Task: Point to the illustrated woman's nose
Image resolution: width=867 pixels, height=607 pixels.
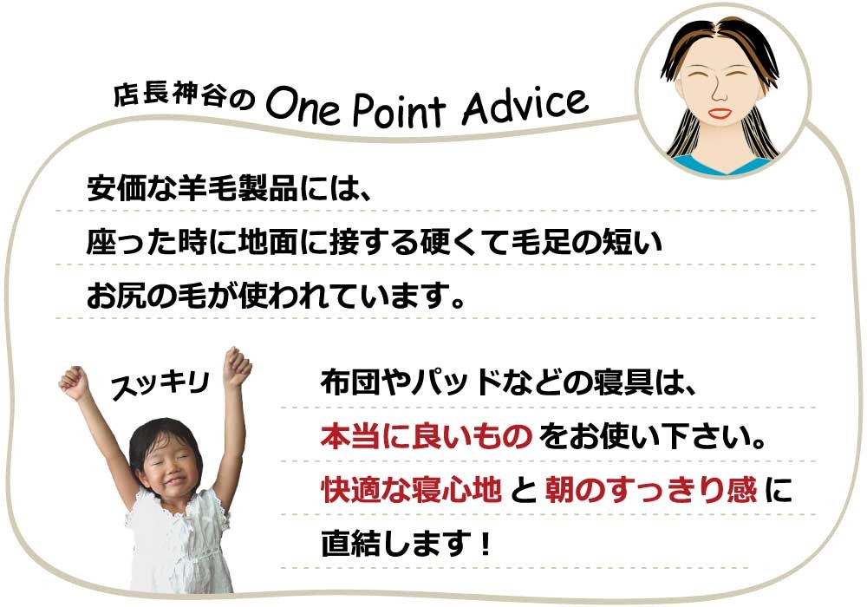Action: [x=719, y=91]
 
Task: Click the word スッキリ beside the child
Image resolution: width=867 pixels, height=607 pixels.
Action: [x=160, y=384]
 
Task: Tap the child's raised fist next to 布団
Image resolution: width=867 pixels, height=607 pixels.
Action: [x=238, y=366]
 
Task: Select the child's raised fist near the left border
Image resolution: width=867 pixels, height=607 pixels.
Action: [x=75, y=382]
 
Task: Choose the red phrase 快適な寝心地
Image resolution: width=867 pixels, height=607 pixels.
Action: [x=411, y=490]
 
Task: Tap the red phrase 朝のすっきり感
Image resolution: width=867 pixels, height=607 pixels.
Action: [x=650, y=490]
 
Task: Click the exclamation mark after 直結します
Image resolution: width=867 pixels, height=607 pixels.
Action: [x=486, y=544]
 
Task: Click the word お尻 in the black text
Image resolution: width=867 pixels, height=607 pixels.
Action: [x=115, y=297]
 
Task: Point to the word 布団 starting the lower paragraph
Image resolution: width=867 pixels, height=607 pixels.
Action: [x=350, y=383]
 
